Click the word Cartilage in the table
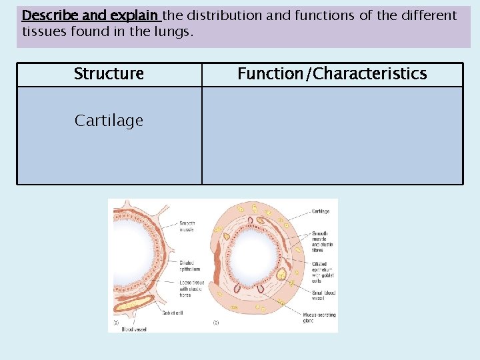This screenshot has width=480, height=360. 109,121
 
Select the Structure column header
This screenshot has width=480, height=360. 109,74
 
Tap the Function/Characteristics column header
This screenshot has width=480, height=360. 332,74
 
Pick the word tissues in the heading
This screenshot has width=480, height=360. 44,31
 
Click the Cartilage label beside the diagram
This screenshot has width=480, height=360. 320,211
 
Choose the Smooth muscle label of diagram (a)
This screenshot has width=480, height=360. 187,226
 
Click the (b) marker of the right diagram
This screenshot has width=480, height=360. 215,322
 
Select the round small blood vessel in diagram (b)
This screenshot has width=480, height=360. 281,273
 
